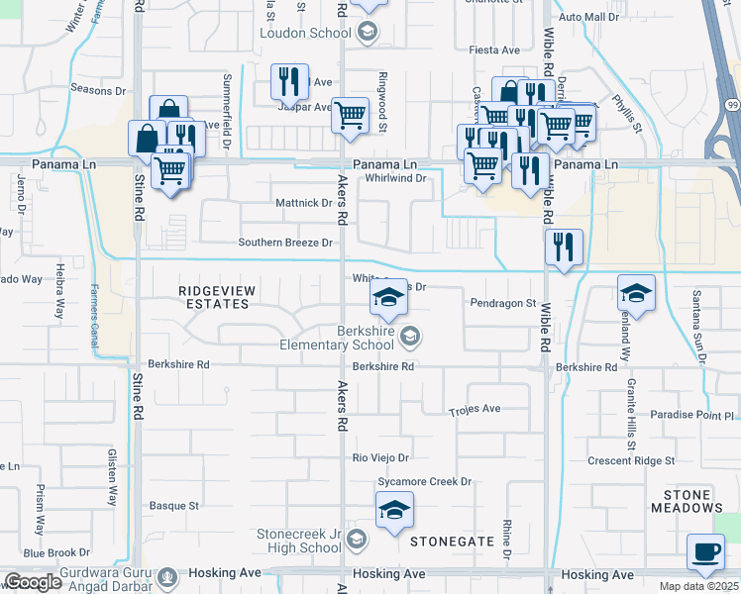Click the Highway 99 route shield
732,105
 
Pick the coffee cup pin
705,552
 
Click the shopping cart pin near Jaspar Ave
350,116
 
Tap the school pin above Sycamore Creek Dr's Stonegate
394,511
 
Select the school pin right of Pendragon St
637,293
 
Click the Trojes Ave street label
475,409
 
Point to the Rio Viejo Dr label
381,458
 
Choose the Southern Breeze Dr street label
285,243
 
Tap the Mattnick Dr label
304,203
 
